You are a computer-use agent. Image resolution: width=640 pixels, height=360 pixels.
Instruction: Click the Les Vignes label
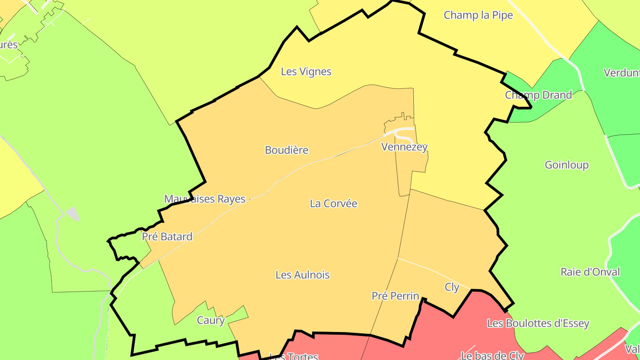click(x=306, y=72)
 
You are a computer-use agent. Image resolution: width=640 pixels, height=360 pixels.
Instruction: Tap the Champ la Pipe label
click(x=478, y=15)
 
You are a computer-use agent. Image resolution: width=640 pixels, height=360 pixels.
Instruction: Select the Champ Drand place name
click(x=538, y=95)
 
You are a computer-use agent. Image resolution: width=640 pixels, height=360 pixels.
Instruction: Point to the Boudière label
click(x=287, y=150)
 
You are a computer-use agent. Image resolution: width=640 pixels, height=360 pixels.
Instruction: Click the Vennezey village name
click(x=404, y=147)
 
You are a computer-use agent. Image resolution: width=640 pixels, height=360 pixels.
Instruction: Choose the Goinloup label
click(x=567, y=165)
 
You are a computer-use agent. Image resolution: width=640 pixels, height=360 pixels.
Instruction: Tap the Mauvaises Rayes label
click(x=205, y=199)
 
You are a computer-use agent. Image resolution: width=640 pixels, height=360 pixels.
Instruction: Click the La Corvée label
click(x=333, y=204)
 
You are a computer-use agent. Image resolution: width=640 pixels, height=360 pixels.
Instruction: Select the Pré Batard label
click(x=167, y=237)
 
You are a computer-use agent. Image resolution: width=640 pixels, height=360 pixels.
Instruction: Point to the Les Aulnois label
click(x=303, y=275)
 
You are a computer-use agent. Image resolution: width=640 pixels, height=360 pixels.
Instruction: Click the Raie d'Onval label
click(x=590, y=272)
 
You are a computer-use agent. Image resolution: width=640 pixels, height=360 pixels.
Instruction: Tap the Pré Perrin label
click(x=395, y=296)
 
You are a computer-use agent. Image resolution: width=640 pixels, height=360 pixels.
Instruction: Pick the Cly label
click(x=452, y=288)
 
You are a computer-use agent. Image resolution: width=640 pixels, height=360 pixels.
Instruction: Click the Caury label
click(x=210, y=320)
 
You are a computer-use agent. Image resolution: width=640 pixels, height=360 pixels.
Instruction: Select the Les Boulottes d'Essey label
click(x=538, y=324)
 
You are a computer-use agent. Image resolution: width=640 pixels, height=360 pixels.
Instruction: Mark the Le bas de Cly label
click(x=492, y=356)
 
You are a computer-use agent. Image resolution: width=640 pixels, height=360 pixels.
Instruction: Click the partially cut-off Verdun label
click(x=621, y=73)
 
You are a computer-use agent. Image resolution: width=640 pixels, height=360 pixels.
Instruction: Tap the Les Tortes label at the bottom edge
click(x=294, y=356)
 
